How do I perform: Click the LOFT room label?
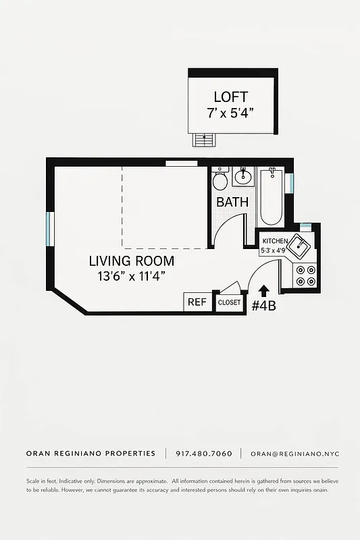click(231, 97)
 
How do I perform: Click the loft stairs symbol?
click(202, 140)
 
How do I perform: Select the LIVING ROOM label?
click(131, 261)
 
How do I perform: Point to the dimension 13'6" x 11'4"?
click(131, 275)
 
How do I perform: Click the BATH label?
click(232, 202)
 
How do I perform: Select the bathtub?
click(272, 196)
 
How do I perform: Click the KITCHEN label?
click(275, 241)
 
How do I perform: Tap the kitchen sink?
click(299, 244)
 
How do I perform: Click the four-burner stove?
click(306, 275)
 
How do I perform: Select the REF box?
click(197, 302)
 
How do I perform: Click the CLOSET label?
click(229, 302)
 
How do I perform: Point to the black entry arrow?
click(263, 289)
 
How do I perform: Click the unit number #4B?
click(263, 306)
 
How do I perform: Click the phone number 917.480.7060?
click(203, 454)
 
